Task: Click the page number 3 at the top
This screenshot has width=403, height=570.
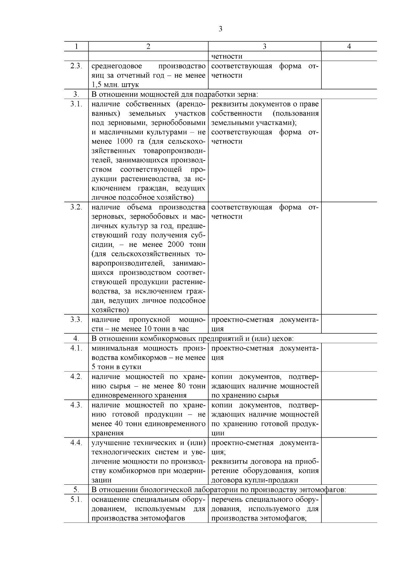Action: click(x=220, y=29)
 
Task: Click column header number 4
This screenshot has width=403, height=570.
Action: click(x=349, y=46)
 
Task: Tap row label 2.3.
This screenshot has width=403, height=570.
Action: click(x=76, y=66)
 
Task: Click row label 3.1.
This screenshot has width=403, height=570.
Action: click(x=76, y=104)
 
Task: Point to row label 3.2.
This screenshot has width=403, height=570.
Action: click(x=76, y=207)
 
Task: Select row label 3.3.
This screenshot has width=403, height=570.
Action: click(x=76, y=319)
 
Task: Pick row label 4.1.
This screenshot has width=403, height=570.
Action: click(x=76, y=348)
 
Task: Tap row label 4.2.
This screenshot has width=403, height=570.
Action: click(x=76, y=377)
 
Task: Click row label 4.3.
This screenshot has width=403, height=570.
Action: click(x=76, y=405)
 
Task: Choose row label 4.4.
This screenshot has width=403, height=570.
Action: click(x=76, y=442)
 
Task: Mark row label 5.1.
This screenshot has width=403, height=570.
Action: click(x=76, y=499)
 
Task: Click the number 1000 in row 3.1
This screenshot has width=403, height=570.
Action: click(x=120, y=141)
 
